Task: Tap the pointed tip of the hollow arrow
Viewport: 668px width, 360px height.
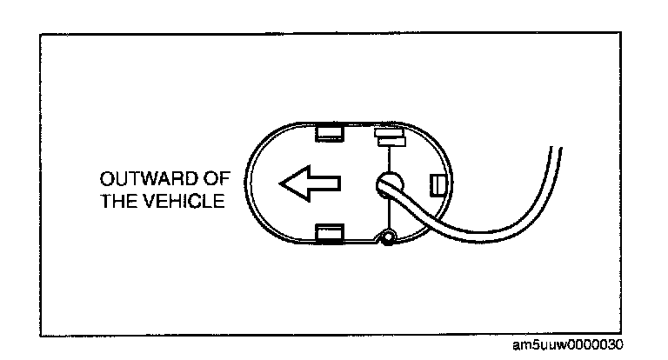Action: pyautogui.click(x=282, y=184)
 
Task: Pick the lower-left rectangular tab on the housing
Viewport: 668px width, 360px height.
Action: pyautogui.click(x=330, y=232)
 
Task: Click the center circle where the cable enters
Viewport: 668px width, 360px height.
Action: pyautogui.click(x=387, y=184)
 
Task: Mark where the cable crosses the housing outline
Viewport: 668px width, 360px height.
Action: pyautogui.click(x=430, y=223)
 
